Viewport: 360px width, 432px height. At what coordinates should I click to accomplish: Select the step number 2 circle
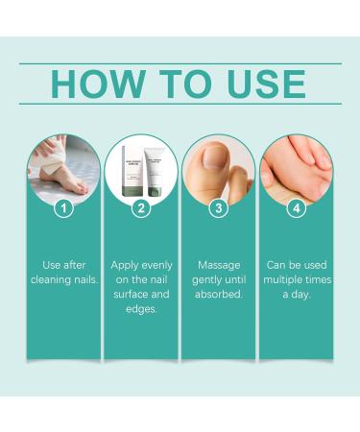pyautogui.click(x=142, y=207)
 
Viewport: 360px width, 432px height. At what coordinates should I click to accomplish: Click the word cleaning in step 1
pyautogui.click(x=51, y=278)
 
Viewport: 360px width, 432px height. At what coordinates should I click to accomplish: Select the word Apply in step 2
pyautogui.click(x=126, y=262)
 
